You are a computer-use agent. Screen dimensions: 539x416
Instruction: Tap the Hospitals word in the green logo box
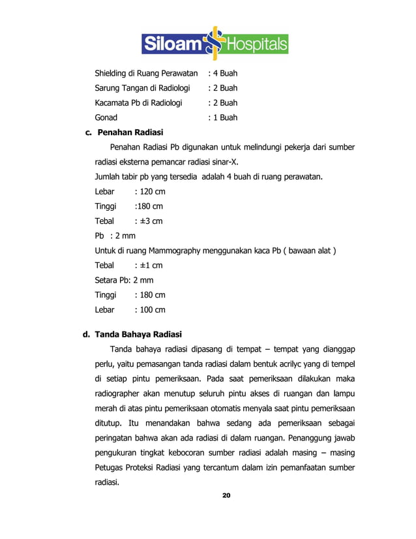pos(256,44)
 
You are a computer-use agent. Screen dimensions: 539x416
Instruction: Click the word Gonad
pos(106,118)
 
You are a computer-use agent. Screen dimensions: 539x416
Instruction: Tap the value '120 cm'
pos(149,192)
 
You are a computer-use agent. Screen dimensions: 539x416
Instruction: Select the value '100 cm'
pos(149,310)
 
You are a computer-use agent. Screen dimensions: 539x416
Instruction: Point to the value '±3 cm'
pos(148,221)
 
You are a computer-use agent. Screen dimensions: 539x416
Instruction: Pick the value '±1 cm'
pos(148,266)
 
